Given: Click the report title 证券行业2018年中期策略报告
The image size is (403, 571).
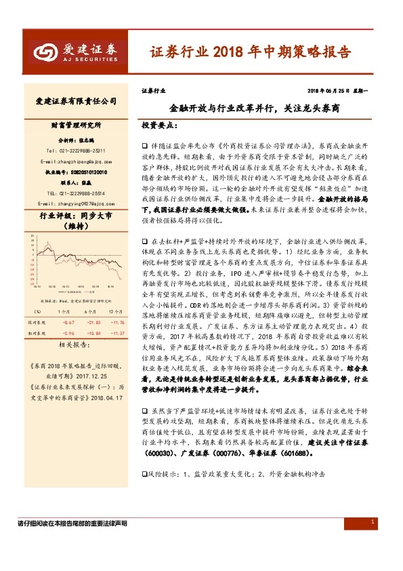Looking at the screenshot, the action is click(x=250, y=52).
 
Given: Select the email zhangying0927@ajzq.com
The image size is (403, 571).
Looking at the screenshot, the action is click(x=75, y=204).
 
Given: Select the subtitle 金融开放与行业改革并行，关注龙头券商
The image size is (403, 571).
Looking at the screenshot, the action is click(x=254, y=108).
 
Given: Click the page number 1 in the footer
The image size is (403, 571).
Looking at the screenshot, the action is click(x=373, y=521).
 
